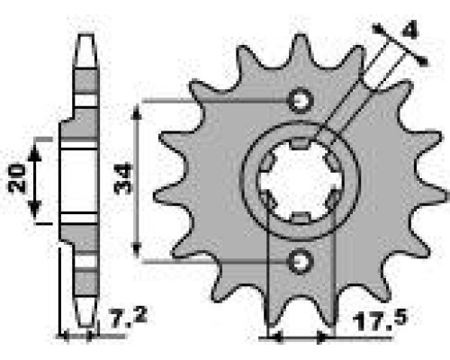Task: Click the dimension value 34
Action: coord(123,178)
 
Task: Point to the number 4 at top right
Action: coord(409,31)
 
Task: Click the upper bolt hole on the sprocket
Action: coord(301,100)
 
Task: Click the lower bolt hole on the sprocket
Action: coord(301,261)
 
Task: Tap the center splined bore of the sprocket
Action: coord(301,181)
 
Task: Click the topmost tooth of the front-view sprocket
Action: coord(301,51)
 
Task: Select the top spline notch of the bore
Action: coord(301,143)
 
